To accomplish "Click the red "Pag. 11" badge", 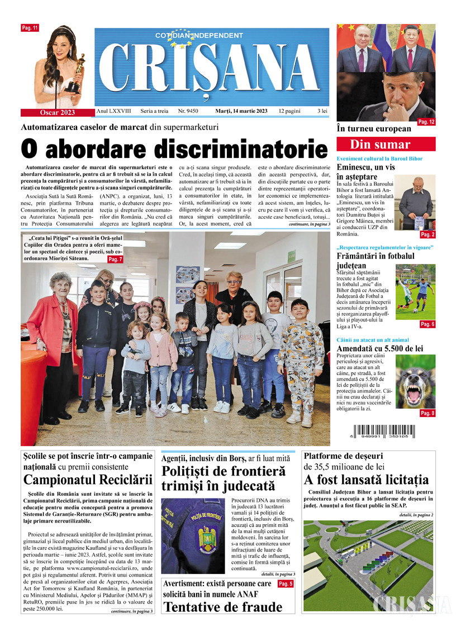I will [x=30, y=27].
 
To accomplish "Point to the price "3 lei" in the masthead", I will [x=322, y=111].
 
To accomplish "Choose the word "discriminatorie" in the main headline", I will [x=240, y=150].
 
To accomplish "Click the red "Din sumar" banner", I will [x=386, y=145].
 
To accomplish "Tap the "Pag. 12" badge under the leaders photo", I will [x=426, y=122].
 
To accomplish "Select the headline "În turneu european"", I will [x=373, y=129].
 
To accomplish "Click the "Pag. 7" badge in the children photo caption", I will [x=115, y=260].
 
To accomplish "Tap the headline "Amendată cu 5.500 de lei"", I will [x=379, y=348].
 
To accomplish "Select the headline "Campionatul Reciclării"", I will [x=88, y=480].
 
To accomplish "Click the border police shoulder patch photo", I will [x=193, y=535].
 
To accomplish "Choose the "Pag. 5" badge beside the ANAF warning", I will [x=285, y=584].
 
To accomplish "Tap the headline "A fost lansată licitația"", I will [x=366, y=480].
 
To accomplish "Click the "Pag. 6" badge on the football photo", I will [x=427, y=324].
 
